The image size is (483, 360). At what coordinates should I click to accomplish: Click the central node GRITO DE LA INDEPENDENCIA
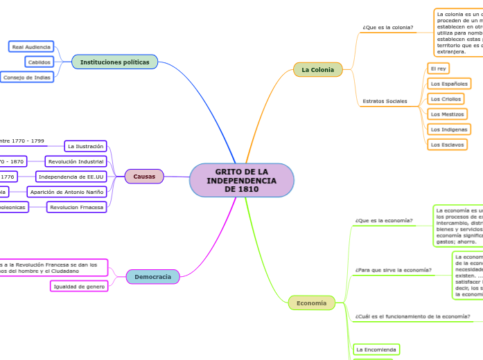click(x=241, y=180)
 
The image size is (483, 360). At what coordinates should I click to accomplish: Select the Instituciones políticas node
click(x=114, y=62)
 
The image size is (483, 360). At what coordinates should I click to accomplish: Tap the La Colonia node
click(x=317, y=70)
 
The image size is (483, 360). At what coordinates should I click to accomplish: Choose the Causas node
click(x=144, y=177)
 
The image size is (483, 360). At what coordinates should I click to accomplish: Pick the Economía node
click(x=311, y=303)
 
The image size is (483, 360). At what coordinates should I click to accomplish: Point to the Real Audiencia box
click(x=31, y=46)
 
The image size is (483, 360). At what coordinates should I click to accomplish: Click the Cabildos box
click(x=39, y=62)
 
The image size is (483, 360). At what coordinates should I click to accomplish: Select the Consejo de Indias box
click(x=26, y=77)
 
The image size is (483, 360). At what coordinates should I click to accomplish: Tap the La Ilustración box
click(x=86, y=146)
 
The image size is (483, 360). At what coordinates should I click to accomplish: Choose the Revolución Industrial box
click(x=76, y=161)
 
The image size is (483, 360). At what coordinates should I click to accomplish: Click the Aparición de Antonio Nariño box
click(x=67, y=192)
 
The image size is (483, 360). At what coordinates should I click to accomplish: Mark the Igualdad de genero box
click(x=80, y=286)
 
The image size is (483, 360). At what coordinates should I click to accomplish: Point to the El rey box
click(x=438, y=69)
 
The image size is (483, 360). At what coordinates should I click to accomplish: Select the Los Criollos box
click(x=446, y=98)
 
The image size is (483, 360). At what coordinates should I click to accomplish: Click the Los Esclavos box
click(x=446, y=144)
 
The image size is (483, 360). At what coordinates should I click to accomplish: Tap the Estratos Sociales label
click(x=385, y=101)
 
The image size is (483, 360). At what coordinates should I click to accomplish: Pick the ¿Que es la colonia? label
click(x=387, y=28)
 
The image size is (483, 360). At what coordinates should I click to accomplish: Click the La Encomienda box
click(x=376, y=349)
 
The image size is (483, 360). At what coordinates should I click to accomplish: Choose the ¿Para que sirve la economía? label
click(x=393, y=269)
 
